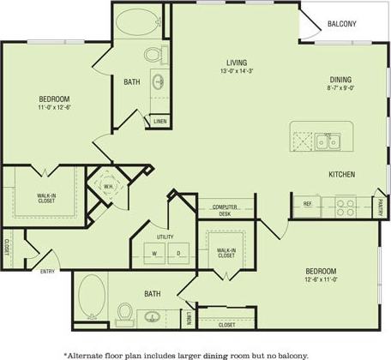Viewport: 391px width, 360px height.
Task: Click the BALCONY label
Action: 341,23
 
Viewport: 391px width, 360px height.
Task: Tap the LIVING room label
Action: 237,63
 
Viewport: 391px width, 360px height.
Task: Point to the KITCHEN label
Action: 341,174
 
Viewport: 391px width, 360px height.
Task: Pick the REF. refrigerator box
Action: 307,204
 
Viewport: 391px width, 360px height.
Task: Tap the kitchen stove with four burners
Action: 345,207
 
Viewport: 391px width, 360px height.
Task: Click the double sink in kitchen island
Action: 325,141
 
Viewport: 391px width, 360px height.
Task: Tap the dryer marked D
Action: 178,253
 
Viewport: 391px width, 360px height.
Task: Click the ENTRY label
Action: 48,272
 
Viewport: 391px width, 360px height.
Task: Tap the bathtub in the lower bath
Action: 91,298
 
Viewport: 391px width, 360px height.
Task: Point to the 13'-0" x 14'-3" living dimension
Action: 237,72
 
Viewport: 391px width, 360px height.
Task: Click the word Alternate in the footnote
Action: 90,353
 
